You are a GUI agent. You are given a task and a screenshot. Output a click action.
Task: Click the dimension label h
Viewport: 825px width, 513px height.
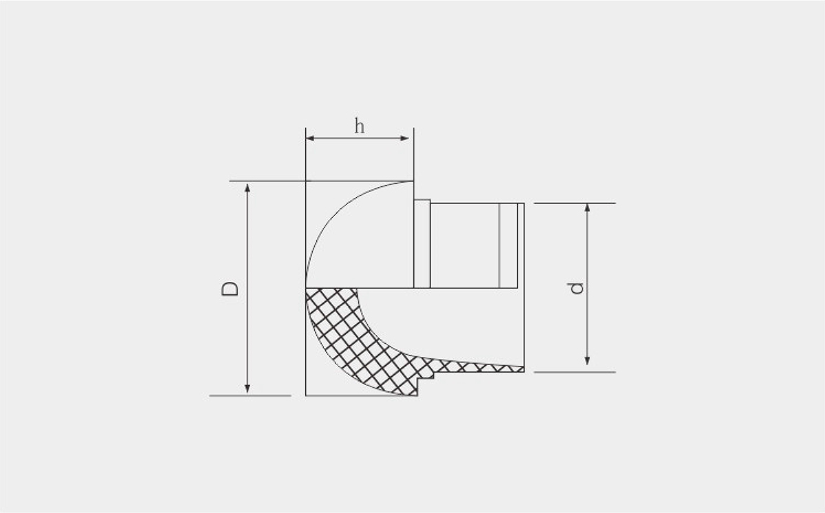360,126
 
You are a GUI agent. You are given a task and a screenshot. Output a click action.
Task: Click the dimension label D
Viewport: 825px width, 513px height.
230,289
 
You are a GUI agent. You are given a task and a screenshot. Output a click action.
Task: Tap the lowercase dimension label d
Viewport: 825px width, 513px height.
575,288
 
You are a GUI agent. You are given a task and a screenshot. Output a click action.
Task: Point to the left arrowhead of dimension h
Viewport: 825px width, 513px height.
310,138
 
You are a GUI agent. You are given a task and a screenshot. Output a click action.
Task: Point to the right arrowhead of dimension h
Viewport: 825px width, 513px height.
404,138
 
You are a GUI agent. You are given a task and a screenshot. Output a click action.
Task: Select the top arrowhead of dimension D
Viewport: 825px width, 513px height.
247,188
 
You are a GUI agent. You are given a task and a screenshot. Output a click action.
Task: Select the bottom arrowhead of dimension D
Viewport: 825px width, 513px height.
247,389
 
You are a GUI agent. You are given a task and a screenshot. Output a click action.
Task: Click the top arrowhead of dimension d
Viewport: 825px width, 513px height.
587,208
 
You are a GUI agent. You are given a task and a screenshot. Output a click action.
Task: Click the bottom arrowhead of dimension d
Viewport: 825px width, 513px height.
587,361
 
